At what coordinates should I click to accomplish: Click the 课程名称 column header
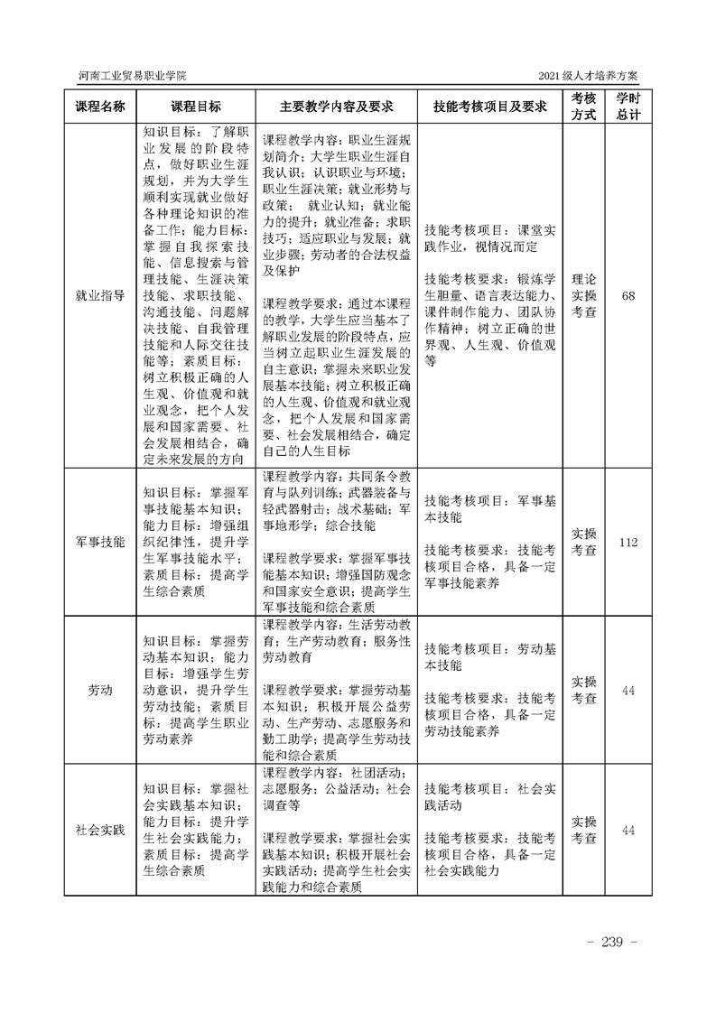point(99,106)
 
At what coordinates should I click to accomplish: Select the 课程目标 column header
point(195,106)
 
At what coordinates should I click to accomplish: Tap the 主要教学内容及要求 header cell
point(337,106)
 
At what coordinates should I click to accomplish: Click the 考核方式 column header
point(584,106)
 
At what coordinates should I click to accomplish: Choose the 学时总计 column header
point(628,106)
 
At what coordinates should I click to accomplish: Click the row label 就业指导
point(99,294)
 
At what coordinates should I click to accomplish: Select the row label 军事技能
point(99,542)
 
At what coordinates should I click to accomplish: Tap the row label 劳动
point(99,691)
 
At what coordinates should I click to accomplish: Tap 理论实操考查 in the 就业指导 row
point(584,294)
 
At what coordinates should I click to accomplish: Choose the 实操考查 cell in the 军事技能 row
point(584,542)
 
